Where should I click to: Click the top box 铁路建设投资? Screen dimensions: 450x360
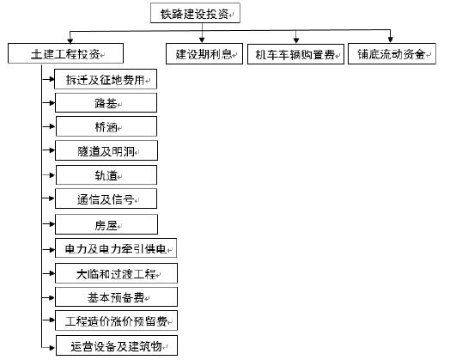[195, 13]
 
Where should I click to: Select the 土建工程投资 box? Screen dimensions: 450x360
[66, 53]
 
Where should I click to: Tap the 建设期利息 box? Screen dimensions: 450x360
[204, 53]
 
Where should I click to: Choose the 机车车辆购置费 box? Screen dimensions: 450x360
[296, 54]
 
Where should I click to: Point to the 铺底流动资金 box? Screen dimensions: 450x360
[392, 53]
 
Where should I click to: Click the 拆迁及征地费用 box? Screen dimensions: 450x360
[106, 79]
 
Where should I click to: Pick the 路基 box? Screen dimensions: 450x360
[106, 102]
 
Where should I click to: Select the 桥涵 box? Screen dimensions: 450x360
[106, 126]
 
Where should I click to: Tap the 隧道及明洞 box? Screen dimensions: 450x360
[106, 150]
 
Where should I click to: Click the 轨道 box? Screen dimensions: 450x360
[106, 174]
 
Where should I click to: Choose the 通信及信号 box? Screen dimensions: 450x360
[106, 198]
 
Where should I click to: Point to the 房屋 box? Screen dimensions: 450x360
[106, 224]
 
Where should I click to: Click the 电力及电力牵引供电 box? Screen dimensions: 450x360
[116, 248]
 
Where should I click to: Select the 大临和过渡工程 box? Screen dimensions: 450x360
[116, 273]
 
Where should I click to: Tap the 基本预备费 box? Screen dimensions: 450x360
[116, 296]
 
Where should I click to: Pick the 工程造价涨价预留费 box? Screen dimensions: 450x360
[116, 320]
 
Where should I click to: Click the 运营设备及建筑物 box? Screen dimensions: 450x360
[117, 345]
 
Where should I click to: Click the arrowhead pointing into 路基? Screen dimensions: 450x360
[52, 102]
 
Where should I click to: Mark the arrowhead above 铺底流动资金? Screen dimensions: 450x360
[390, 40]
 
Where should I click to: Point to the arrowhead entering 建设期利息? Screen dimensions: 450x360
[202, 40]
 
